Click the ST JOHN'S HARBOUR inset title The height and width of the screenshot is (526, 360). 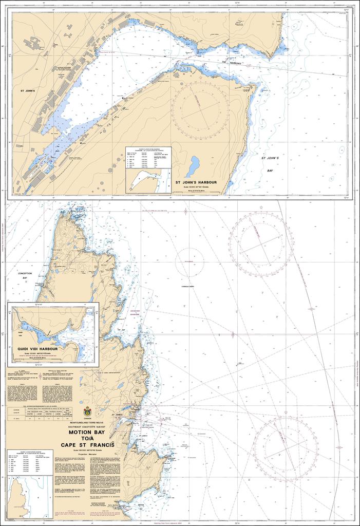pos(196,182)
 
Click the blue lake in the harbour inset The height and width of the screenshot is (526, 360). pos(193,166)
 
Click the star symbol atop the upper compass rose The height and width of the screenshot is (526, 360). pos(261,208)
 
